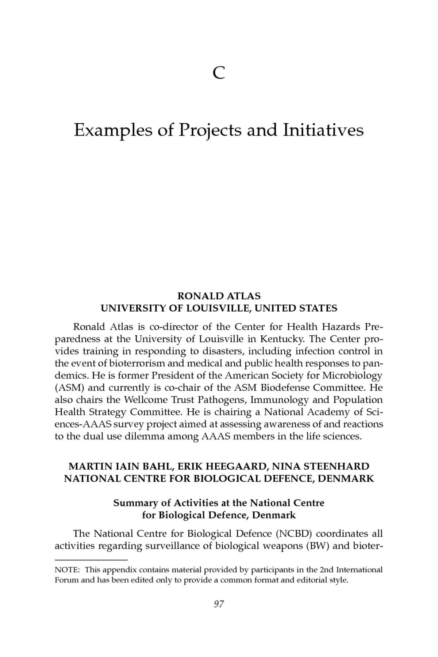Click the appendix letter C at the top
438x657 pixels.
coord(219,74)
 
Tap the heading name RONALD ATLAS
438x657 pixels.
coord(219,296)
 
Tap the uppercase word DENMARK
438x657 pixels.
coord(346,479)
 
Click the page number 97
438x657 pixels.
coord(219,604)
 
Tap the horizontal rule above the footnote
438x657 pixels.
coord(91,560)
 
